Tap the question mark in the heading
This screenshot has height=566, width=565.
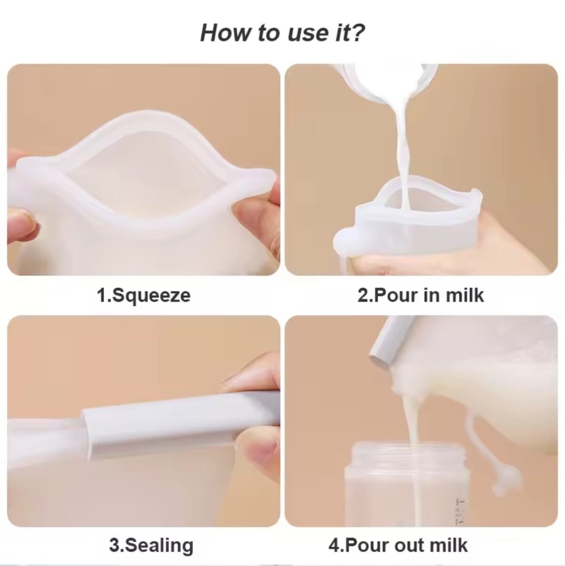pos(357,32)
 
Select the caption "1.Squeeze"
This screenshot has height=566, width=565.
pos(144,296)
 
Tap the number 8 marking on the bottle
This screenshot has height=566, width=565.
pos(457,501)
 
